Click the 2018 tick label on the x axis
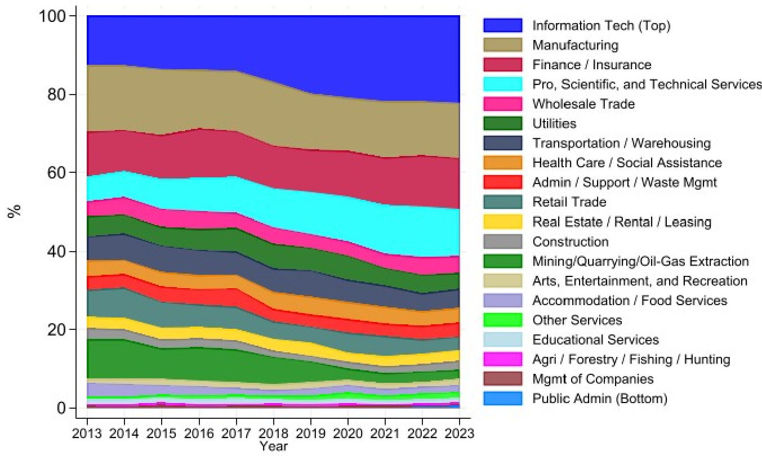[x=274, y=434]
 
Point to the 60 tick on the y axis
[x=58, y=173]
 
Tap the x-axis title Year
[x=274, y=447]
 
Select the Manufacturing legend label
[x=575, y=45]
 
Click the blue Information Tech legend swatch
[x=502, y=25]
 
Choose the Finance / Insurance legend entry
[x=591, y=65]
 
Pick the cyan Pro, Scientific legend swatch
[x=502, y=84]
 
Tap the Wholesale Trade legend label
[x=583, y=104]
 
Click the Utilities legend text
[x=554, y=123]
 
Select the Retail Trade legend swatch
[x=502, y=202]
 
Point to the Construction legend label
[x=571, y=242]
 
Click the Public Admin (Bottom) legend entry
[x=600, y=399]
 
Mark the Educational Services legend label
[x=595, y=339]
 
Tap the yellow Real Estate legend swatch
[x=502, y=222]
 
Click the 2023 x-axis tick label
[x=460, y=434]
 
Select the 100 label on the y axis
[x=54, y=16]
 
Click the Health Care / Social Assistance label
[x=627, y=163]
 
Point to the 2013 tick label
[x=87, y=434]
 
